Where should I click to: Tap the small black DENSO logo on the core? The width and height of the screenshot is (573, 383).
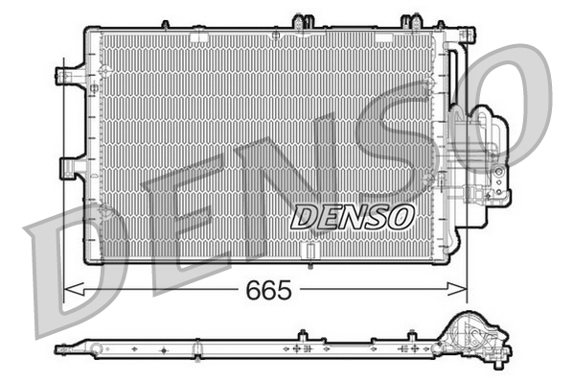tap(352, 217)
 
